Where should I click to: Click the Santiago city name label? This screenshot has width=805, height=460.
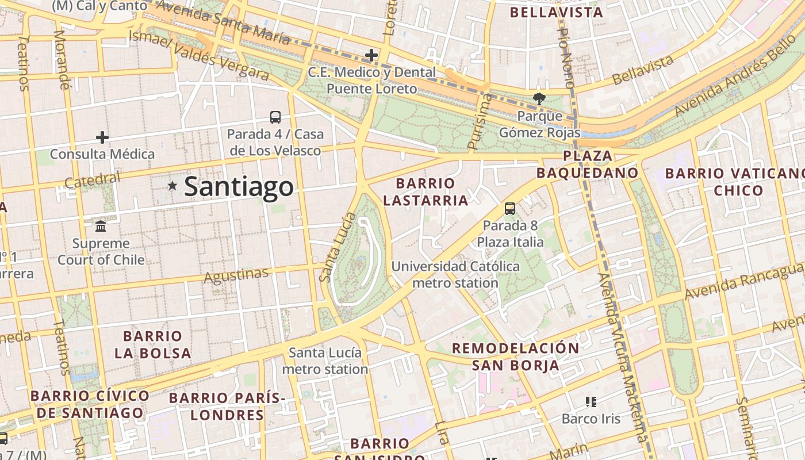(x=239, y=187)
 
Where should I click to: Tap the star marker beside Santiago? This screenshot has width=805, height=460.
(x=172, y=186)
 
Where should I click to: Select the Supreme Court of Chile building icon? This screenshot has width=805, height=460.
(x=101, y=226)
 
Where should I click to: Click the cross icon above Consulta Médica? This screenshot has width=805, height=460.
(x=102, y=137)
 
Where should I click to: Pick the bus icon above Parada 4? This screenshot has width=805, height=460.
(x=275, y=117)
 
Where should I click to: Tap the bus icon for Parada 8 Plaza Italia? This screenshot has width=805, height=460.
(x=510, y=208)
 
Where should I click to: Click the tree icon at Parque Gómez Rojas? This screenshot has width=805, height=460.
(x=539, y=99)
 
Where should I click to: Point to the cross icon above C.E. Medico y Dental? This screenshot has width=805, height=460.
(x=371, y=56)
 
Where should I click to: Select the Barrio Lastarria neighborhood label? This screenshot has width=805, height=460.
(x=425, y=192)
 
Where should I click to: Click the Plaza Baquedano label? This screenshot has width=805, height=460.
(x=587, y=164)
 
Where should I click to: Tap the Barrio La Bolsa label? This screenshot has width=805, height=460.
(x=152, y=344)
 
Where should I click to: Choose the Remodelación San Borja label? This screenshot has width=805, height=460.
(x=516, y=356)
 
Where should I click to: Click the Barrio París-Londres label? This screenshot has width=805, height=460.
(x=227, y=406)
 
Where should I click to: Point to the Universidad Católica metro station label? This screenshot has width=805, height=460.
(x=455, y=275)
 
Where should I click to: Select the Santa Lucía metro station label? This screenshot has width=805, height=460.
(x=325, y=361)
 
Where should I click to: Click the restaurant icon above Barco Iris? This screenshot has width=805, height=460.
(x=591, y=401)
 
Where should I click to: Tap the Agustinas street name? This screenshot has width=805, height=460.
(x=236, y=275)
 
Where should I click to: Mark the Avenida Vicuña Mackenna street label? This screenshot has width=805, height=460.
(x=623, y=356)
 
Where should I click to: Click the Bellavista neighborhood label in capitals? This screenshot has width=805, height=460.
(x=556, y=12)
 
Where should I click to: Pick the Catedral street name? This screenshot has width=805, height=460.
(x=93, y=181)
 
